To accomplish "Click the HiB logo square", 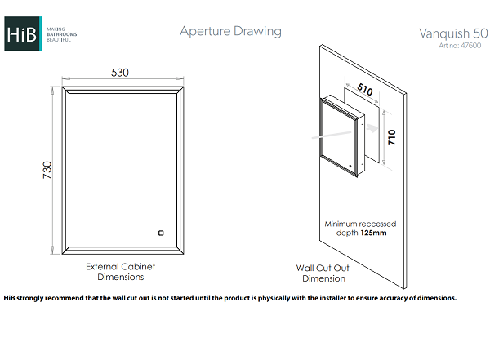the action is [23, 33].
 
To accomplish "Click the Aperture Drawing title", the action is [230, 32].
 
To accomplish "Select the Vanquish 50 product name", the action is [453, 33].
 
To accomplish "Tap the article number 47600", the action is [471, 46].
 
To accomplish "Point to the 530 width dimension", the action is [120, 73].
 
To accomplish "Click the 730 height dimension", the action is [47, 170].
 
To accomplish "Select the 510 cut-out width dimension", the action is [365, 89].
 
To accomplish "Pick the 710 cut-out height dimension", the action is [391, 137].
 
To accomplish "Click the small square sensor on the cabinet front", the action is [161, 233].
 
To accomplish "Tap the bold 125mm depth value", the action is [373, 233].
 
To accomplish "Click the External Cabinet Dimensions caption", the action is [121, 272].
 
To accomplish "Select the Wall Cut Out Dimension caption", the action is [323, 273].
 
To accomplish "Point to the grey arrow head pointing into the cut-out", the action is [373, 128].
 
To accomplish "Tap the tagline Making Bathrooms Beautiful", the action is [62, 34].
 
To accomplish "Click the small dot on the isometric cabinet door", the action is [350, 167].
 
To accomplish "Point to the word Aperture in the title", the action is [205, 32].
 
